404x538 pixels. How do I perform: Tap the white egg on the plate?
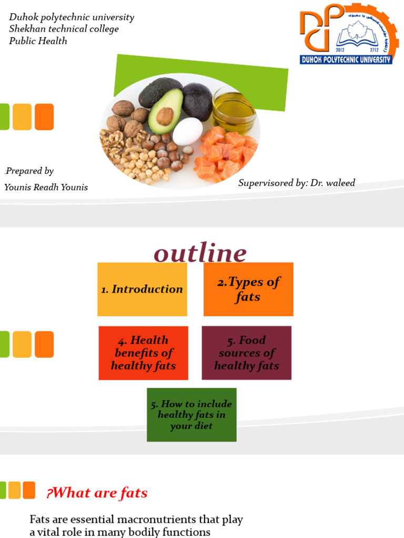[x=187, y=131]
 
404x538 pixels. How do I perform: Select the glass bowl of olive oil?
[x=235, y=110]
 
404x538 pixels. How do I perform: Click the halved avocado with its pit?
[x=165, y=111]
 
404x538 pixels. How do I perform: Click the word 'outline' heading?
[x=200, y=253]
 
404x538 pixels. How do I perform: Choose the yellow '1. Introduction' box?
[x=142, y=289]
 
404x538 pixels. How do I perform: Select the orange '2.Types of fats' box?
[x=248, y=289]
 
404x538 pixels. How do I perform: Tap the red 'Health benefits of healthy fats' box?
[x=143, y=353]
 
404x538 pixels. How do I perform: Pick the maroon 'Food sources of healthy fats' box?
[x=246, y=353]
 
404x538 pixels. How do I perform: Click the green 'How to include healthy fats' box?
[x=191, y=415]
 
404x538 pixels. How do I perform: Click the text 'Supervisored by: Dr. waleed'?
[x=296, y=183]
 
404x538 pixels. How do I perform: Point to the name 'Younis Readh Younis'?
[x=46, y=188]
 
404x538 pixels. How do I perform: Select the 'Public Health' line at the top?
[x=38, y=40]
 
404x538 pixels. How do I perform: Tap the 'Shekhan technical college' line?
[x=64, y=29]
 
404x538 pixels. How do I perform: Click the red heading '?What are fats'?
[x=97, y=493]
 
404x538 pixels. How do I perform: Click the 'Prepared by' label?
[x=29, y=171]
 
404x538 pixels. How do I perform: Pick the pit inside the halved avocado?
[x=165, y=116]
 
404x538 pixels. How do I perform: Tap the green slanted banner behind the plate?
[x=263, y=84]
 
